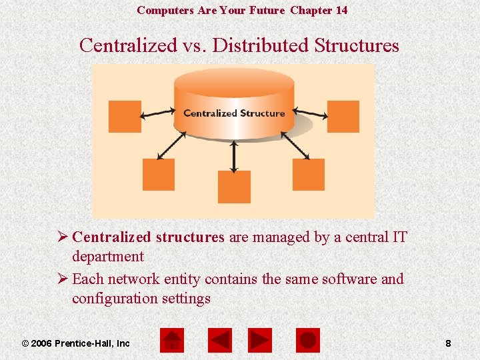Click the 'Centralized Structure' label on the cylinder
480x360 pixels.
[x=234, y=113]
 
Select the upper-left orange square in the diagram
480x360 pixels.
[x=125, y=117]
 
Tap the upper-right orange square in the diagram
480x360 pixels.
[x=343, y=117]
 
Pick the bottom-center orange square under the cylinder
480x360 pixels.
[x=234, y=187]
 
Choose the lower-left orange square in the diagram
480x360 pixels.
[x=159, y=175]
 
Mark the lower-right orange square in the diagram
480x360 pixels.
[x=309, y=175]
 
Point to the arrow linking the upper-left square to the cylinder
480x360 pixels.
[x=159, y=114]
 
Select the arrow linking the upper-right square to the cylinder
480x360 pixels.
[x=310, y=114]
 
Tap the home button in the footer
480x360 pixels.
[x=172, y=341]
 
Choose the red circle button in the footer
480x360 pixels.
[x=308, y=341]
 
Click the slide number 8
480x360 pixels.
[x=448, y=343]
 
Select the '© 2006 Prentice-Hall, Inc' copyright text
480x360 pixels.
[x=76, y=343]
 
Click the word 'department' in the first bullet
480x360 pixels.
[x=108, y=257]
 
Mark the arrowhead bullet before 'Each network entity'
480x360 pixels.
[x=61, y=279]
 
